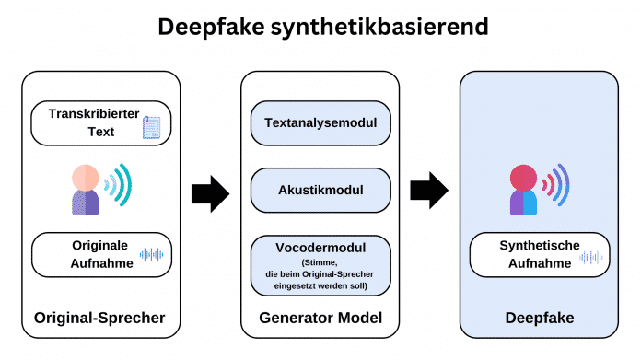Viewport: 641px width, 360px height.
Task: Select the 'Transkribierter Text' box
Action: (x=101, y=122)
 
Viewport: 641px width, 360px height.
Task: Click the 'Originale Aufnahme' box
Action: (x=101, y=254)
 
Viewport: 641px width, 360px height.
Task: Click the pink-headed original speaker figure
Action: (x=85, y=189)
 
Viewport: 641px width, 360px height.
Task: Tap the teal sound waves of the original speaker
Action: (x=119, y=185)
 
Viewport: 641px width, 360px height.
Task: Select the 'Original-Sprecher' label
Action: (x=99, y=318)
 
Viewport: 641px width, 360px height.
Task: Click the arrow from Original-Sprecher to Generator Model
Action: (x=210, y=192)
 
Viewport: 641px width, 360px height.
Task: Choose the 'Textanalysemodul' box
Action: (x=320, y=122)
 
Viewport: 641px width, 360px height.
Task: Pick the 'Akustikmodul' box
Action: (x=320, y=190)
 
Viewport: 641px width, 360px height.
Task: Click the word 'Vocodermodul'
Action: (x=320, y=249)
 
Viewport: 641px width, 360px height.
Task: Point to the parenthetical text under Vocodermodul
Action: (x=320, y=273)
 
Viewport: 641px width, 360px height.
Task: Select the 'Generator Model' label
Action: (x=320, y=318)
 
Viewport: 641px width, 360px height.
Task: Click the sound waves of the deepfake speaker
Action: (x=556, y=185)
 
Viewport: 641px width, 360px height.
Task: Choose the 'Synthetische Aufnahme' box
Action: (x=539, y=254)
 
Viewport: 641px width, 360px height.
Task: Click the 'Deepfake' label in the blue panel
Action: (x=538, y=318)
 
